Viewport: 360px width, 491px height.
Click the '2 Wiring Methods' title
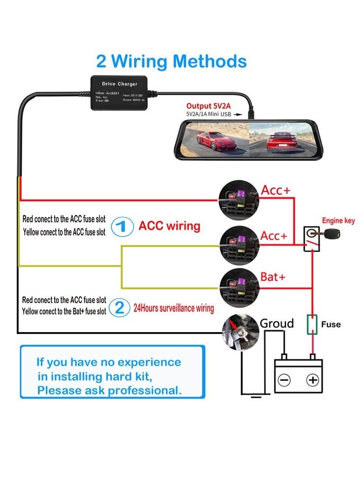click(171, 61)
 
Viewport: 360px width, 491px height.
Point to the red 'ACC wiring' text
click(169, 226)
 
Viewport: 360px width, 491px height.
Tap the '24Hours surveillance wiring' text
click(174, 308)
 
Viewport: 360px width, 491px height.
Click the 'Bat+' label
click(273, 277)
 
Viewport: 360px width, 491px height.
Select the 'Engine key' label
click(338, 221)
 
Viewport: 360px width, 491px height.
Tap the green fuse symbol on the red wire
click(312, 325)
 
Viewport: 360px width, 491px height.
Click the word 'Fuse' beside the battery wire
click(330, 325)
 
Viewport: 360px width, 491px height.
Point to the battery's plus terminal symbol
click(312, 380)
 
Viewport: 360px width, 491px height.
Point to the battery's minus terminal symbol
click(284, 380)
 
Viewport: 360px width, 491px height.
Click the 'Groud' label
click(277, 323)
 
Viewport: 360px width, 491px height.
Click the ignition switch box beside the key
click(311, 239)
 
